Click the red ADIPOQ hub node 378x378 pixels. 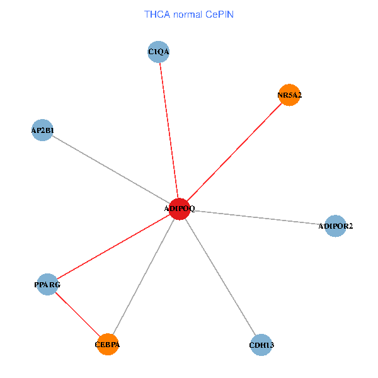tap(180, 209)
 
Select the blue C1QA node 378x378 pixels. tap(159, 51)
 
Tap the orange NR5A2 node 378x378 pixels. tap(289, 95)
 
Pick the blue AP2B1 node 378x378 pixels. tap(42, 130)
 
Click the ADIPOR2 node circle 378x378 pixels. tap(336, 226)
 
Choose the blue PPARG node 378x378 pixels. tap(48, 284)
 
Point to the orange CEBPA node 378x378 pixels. tap(108, 345)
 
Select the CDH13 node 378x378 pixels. tap(261, 345)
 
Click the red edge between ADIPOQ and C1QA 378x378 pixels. tap(169, 130)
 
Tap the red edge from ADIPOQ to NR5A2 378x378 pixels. tap(234, 152)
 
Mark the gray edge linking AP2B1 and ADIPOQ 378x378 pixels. tap(111, 169)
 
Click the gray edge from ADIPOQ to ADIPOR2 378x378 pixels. tap(258, 217)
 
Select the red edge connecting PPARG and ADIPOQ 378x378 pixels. tap(113, 246)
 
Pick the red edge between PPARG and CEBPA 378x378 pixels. tap(77, 314)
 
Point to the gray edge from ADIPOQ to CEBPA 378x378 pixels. tap(144, 277)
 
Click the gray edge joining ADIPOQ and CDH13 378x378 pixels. tap(220, 277)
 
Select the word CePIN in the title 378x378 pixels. tap(219, 14)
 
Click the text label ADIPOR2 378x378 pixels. tap(336, 226)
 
